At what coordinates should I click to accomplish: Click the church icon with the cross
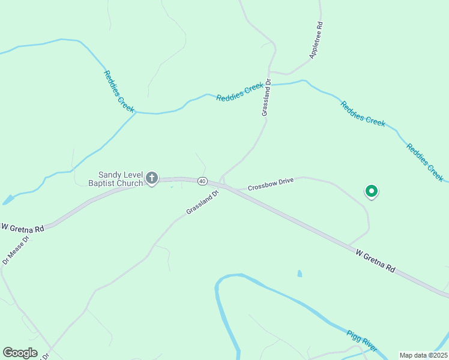point(152,178)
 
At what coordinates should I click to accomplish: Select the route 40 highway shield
point(202,181)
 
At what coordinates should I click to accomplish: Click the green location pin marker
point(372,191)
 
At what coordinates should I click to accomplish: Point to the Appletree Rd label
point(317,40)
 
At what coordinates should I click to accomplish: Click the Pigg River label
point(361,340)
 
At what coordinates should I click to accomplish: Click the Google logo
point(20,353)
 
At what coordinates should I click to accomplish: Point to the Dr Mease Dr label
point(16,249)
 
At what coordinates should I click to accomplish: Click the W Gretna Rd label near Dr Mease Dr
point(23,228)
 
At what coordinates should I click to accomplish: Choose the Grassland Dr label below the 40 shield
point(201,202)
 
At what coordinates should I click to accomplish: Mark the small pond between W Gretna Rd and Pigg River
point(300,274)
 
